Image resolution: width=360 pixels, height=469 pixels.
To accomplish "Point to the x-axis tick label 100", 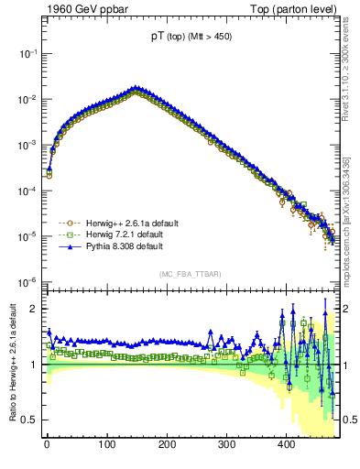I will tap(107, 444).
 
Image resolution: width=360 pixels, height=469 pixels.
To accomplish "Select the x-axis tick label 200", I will tap(167, 444).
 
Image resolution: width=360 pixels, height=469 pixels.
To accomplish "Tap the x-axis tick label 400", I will tap(287, 444).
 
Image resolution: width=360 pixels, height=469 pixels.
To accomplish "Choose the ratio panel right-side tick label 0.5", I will tap(351, 420).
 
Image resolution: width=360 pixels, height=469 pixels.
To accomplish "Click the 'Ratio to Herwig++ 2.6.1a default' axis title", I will tap(11, 363).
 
